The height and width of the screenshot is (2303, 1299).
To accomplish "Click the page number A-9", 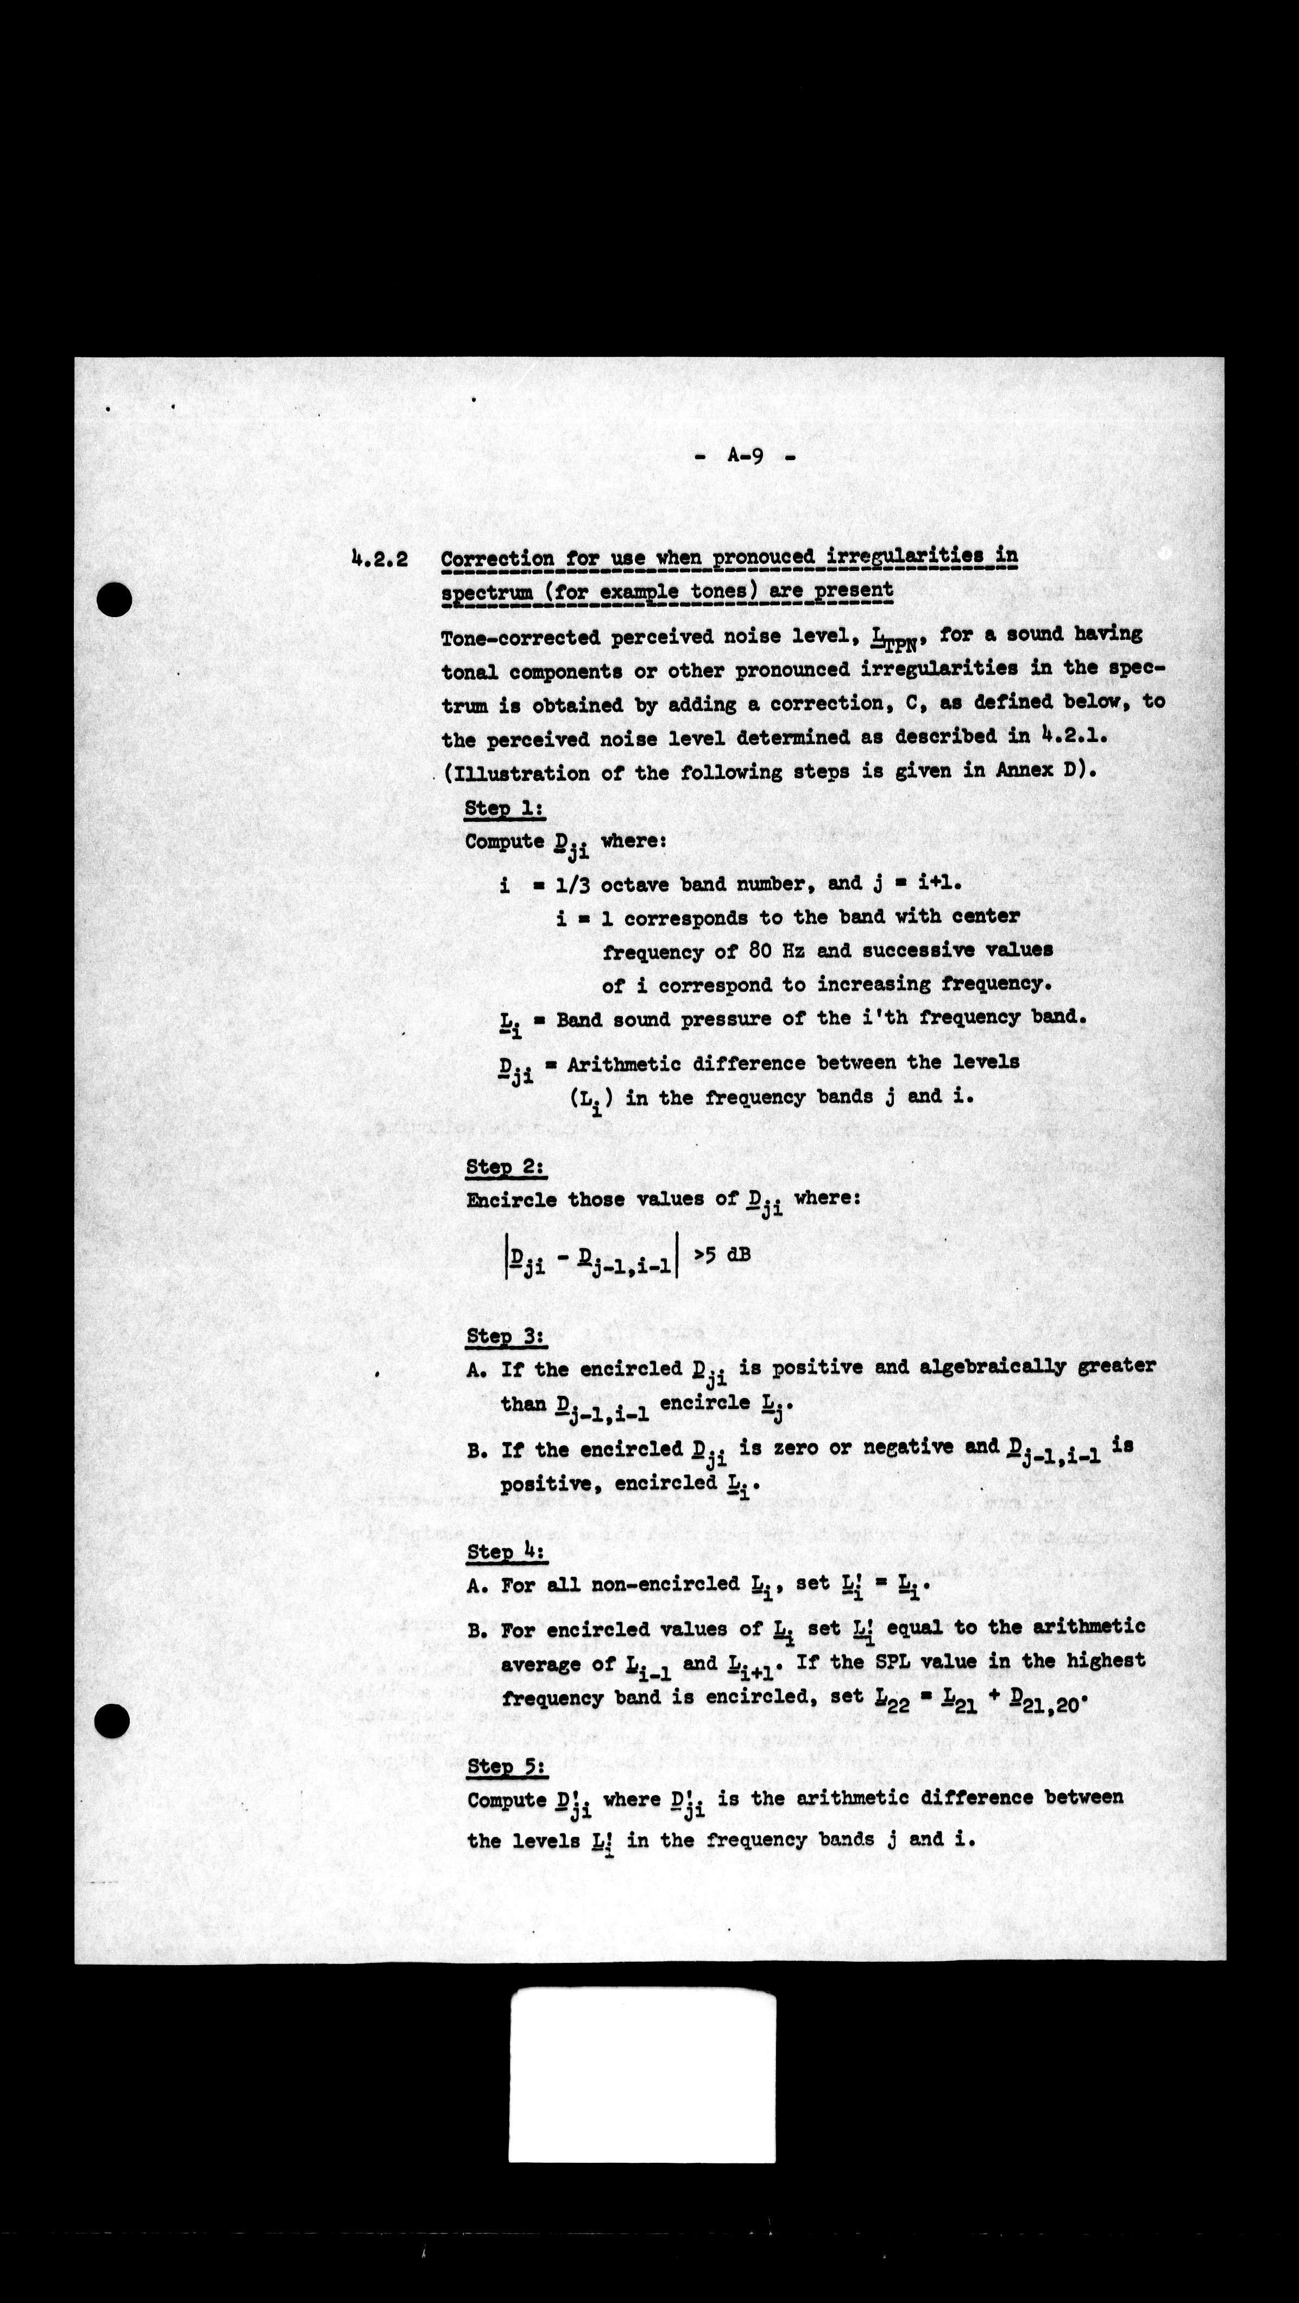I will (x=745, y=456).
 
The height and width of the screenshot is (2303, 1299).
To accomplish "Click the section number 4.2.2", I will (x=380, y=559).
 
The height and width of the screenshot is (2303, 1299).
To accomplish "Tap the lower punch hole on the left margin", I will (x=112, y=1720).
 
